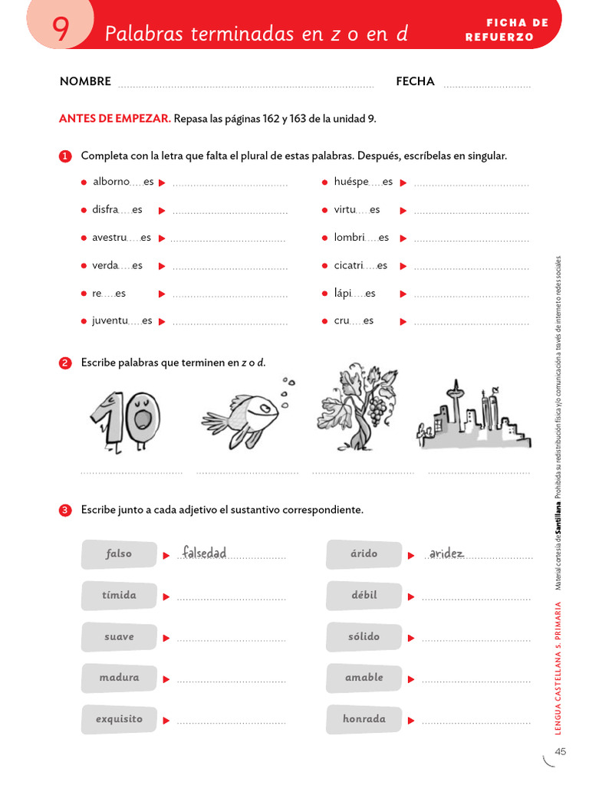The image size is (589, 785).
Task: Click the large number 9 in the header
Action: tap(61, 29)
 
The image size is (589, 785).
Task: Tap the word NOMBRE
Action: tap(85, 81)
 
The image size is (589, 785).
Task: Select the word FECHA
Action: tap(415, 81)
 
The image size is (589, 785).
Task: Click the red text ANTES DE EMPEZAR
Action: tap(115, 119)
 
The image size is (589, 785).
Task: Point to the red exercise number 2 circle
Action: tap(65, 363)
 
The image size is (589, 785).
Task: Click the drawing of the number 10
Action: tap(124, 419)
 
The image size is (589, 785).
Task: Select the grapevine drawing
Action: tap(357, 406)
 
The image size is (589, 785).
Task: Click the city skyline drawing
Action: tap(472, 418)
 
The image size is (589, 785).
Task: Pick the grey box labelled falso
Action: tap(119, 553)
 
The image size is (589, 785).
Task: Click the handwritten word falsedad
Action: tap(204, 553)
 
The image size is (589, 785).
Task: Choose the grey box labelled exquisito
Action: tap(119, 719)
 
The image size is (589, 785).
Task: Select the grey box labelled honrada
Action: tap(364, 719)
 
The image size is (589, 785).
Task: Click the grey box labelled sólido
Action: tap(364, 636)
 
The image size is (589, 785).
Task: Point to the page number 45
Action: tap(560, 752)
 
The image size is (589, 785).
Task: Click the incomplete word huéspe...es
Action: tap(363, 182)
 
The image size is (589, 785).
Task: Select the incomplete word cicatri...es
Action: tap(360, 265)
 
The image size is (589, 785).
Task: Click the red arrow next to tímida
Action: tap(166, 596)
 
